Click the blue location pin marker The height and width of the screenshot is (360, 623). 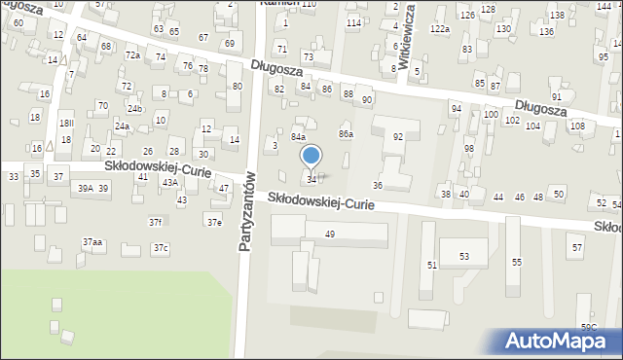(x=311, y=156)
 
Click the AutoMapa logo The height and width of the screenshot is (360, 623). (x=556, y=341)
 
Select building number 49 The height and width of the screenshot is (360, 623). (x=330, y=234)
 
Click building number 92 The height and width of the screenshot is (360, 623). (x=397, y=137)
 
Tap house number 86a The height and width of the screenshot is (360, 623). (x=345, y=133)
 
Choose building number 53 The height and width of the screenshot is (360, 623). (x=464, y=257)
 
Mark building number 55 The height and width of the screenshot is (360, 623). (x=517, y=263)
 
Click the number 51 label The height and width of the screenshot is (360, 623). (x=431, y=265)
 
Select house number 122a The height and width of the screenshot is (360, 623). (x=441, y=29)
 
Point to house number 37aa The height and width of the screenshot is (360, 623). (x=92, y=241)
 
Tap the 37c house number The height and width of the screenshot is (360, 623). (x=160, y=248)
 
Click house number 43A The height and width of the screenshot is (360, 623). (x=169, y=183)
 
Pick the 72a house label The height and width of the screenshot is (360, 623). (x=132, y=55)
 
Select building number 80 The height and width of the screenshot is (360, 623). (x=237, y=87)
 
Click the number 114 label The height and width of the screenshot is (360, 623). (x=353, y=22)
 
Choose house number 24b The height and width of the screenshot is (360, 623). (x=134, y=108)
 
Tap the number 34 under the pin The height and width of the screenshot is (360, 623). (x=311, y=180)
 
